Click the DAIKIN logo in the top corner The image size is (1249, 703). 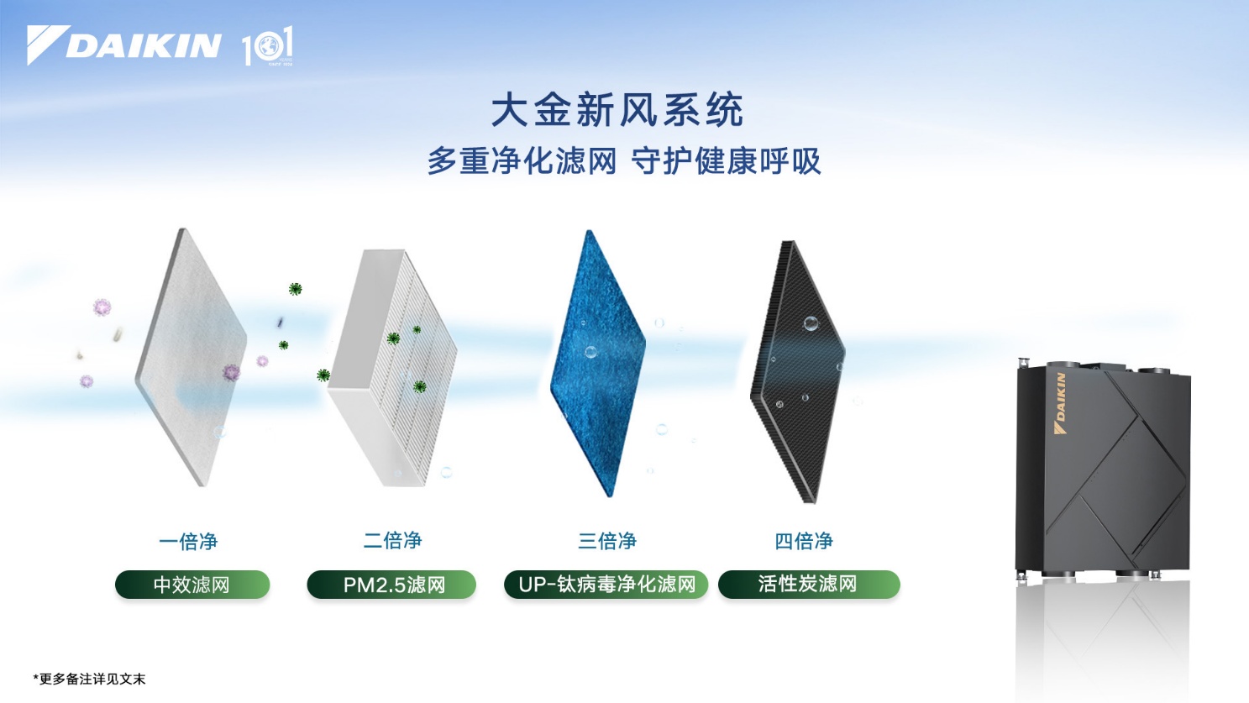[x=124, y=45]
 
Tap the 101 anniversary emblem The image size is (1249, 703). [x=268, y=47]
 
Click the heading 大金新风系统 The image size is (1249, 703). [x=617, y=111]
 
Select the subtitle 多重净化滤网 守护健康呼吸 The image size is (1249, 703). [x=623, y=161]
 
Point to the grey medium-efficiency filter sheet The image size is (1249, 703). [x=192, y=357]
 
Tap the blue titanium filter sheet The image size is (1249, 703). [x=597, y=363]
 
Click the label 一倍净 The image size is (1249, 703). [x=188, y=542]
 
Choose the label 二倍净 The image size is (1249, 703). [x=392, y=541]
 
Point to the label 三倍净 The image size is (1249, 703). [x=606, y=541]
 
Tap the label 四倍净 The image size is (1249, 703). [x=804, y=541]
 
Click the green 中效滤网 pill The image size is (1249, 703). [x=192, y=585]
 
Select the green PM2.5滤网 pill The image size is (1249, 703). [x=391, y=585]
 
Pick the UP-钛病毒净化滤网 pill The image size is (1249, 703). [x=606, y=585]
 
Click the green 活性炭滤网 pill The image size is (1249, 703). [x=809, y=585]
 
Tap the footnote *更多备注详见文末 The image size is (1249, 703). [x=90, y=679]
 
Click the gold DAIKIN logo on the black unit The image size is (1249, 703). [x=1060, y=403]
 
